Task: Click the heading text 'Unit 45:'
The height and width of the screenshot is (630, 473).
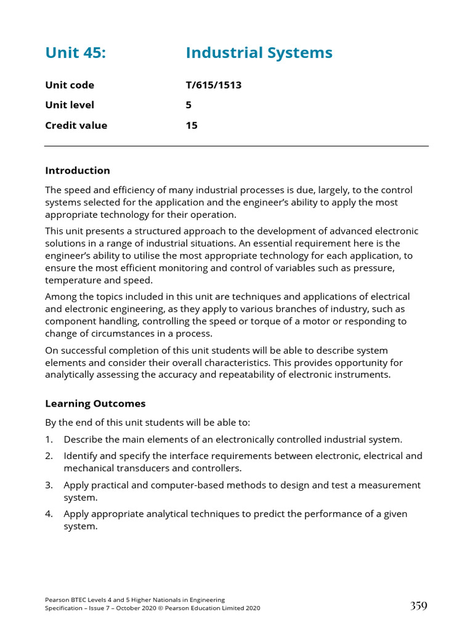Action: coord(75,54)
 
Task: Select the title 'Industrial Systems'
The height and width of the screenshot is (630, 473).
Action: coord(259,54)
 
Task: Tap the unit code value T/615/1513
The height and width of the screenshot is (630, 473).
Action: coord(213,85)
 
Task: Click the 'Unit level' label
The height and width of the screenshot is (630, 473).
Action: coord(70,105)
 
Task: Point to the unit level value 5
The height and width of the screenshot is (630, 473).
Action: coord(188,105)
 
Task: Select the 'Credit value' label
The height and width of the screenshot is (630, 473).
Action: coord(76,126)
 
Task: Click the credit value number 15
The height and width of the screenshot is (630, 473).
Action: coord(192,126)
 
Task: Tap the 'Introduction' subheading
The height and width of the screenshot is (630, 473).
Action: coord(78,170)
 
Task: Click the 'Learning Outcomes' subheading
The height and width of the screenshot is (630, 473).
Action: coord(95,404)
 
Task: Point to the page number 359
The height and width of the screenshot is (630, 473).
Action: coord(418,606)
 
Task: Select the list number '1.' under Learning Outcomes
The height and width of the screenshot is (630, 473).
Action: coord(49,439)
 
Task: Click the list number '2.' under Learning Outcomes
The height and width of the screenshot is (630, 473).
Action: coord(49,456)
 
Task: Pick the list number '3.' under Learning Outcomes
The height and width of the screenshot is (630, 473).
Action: coord(49,485)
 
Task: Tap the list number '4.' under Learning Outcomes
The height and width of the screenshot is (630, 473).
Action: coord(49,514)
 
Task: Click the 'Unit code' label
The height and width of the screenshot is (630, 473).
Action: coord(70,85)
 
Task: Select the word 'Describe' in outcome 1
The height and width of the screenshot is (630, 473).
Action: coord(84,439)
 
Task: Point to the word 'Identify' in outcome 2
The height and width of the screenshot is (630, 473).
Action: coord(81,456)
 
